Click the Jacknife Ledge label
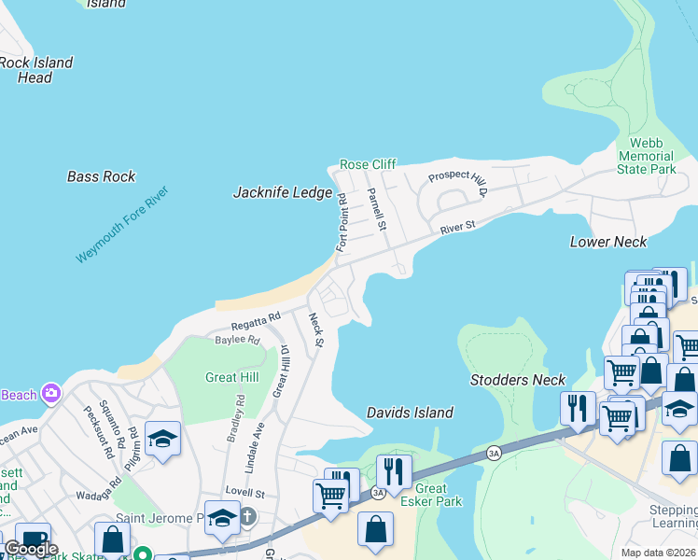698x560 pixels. coord(282,192)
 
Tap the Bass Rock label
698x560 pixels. coord(101,176)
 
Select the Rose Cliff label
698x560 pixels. coord(368,164)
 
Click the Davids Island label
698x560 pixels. coord(410,413)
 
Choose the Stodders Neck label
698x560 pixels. coord(518,380)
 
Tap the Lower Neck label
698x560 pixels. coord(608,242)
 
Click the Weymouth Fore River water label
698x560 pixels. coord(122,224)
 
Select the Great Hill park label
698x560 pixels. coord(230,377)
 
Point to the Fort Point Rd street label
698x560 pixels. coord(342,222)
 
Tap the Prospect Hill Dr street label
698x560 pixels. coord(458,184)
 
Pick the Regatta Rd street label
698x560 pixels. coord(256,321)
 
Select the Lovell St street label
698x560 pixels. coord(247,492)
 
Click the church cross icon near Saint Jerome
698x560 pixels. coord(248,516)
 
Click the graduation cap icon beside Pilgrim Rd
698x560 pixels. coord(162,441)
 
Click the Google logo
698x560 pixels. coord(31,549)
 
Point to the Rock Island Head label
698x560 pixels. coord(35,70)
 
